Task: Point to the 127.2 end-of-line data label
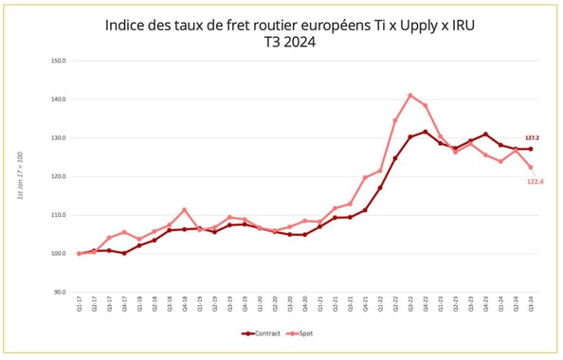tap(532, 138)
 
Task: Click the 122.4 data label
tap(535, 181)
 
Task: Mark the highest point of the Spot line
tap(410, 95)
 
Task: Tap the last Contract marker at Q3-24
tap(530, 149)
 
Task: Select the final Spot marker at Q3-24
tap(530, 168)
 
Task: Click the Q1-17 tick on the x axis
tap(80, 305)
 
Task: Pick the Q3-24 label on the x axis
tap(530, 305)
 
